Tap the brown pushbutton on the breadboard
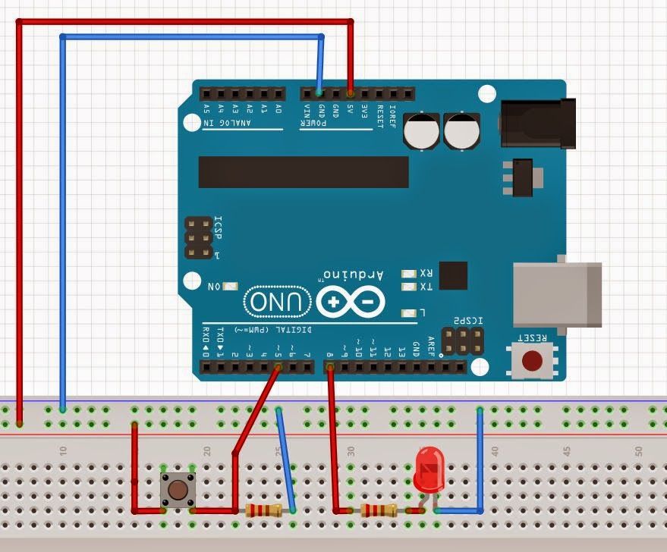pyautogui.click(x=178, y=489)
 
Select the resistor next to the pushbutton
pyautogui.click(x=263, y=510)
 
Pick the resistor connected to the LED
pyautogui.click(x=379, y=510)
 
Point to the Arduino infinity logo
pyautogui.click(x=351, y=303)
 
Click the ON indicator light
pyautogui.click(x=230, y=287)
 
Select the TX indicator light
pyautogui.click(x=410, y=287)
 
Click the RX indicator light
pyautogui.click(x=410, y=273)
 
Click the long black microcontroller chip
pyautogui.click(x=304, y=172)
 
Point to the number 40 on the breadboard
pyautogui.click(x=495, y=450)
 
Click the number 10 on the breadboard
pyautogui.click(x=64, y=450)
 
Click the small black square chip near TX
pyautogui.click(x=453, y=274)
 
